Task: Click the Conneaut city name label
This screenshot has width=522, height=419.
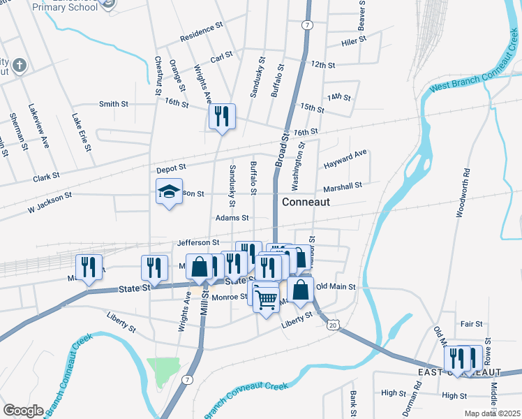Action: (305, 201)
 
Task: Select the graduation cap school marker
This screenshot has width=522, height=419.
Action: (168, 193)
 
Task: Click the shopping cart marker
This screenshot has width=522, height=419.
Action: (267, 300)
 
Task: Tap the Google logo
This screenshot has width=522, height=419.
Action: (24, 411)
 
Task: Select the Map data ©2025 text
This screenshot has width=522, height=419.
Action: (492, 413)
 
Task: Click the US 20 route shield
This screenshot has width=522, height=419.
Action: (333, 325)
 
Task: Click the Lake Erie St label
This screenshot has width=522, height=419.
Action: (82, 132)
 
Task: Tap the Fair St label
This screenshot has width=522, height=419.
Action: (472, 324)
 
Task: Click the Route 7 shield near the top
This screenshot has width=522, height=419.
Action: (307, 25)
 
